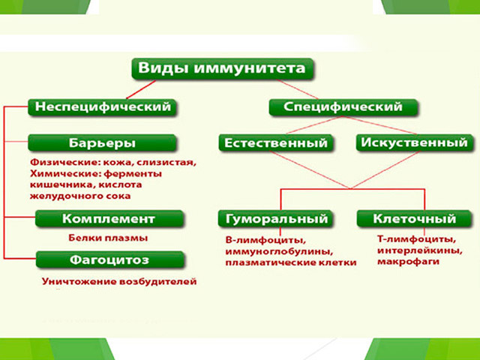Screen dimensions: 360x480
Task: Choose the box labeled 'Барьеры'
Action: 103,142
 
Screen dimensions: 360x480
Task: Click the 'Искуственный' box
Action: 414,142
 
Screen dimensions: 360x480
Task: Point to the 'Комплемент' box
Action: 108,219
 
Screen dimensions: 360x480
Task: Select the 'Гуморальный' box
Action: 276,219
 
